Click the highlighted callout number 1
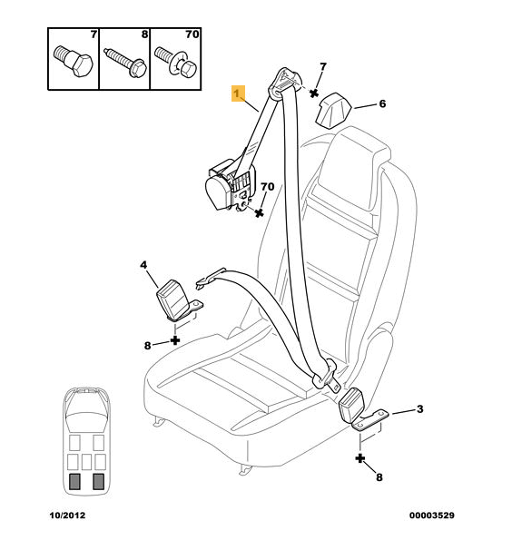click(x=238, y=93)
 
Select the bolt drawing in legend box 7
click(x=74, y=61)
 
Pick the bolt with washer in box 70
click(x=176, y=62)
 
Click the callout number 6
click(x=382, y=103)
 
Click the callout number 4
click(x=143, y=265)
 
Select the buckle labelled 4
click(x=178, y=300)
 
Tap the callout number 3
click(x=419, y=408)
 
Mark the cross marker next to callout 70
click(x=259, y=212)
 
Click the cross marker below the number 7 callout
click(x=314, y=93)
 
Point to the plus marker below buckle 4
click(x=175, y=339)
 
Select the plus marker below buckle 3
click(x=360, y=458)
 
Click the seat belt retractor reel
click(x=229, y=186)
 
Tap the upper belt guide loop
click(x=285, y=83)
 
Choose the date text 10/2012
click(x=67, y=516)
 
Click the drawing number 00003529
click(x=431, y=516)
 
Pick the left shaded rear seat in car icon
click(x=74, y=481)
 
